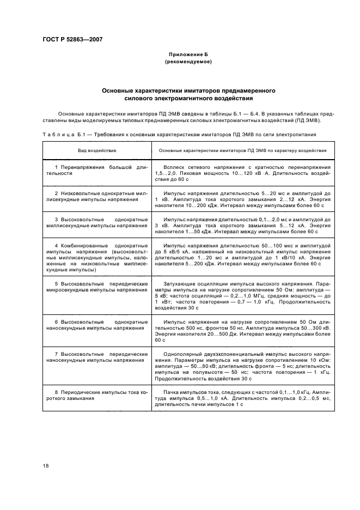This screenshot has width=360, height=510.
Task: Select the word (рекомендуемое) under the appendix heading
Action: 188,63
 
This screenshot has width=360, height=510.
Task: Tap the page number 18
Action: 46,465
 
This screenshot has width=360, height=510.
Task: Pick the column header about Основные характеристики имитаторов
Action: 242,149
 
